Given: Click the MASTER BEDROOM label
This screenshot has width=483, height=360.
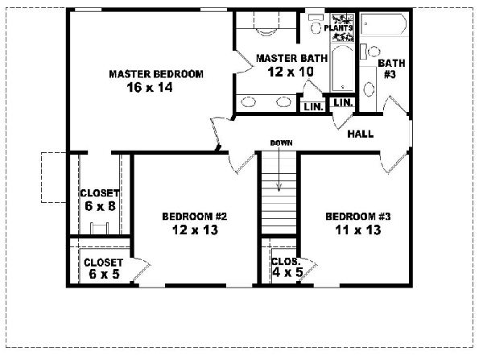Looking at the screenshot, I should (155, 74).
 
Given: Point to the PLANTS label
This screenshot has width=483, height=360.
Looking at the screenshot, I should (339, 27).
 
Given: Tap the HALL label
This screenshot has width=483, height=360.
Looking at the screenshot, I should (360, 134).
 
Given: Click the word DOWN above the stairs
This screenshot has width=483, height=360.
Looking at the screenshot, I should (281, 143).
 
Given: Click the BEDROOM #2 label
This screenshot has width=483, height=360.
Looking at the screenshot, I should (196, 216).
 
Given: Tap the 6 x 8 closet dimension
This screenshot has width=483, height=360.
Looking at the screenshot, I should (100, 206).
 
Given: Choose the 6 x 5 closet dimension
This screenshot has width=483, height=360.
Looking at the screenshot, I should (102, 275).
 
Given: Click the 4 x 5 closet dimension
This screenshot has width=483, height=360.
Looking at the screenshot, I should (285, 274).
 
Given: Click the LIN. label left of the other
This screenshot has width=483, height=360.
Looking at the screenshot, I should (311, 106).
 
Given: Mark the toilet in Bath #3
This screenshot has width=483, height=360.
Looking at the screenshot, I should (369, 87).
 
